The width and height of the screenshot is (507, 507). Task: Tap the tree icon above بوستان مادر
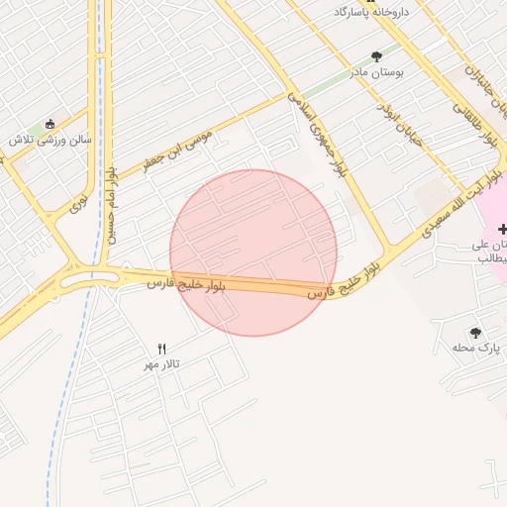[x=375, y=56]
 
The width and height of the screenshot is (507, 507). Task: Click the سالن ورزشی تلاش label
[x=51, y=140]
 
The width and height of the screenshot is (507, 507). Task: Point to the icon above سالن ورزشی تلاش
[x=51, y=124]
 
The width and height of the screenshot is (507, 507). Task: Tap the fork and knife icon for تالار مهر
[x=162, y=348]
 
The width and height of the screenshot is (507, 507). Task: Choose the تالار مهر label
[x=163, y=364]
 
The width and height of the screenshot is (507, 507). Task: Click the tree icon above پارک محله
[x=475, y=333]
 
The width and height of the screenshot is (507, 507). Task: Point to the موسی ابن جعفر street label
[x=178, y=147]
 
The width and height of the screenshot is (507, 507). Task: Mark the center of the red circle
[x=253, y=253]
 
